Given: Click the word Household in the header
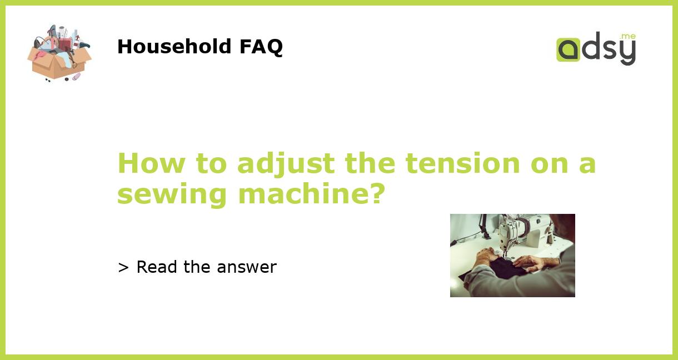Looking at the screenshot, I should pyautogui.click(x=175, y=47).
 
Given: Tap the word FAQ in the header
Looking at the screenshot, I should pyautogui.click(x=261, y=47).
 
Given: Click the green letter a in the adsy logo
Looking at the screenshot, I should pyautogui.click(x=568, y=50).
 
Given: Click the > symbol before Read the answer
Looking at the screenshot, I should pyautogui.click(x=123, y=268).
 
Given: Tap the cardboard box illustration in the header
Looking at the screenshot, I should pyautogui.click(x=58, y=62).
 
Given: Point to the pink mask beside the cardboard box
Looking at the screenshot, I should pyautogui.click(x=76, y=77).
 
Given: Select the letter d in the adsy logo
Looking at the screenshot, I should pyautogui.click(x=590, y=48).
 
